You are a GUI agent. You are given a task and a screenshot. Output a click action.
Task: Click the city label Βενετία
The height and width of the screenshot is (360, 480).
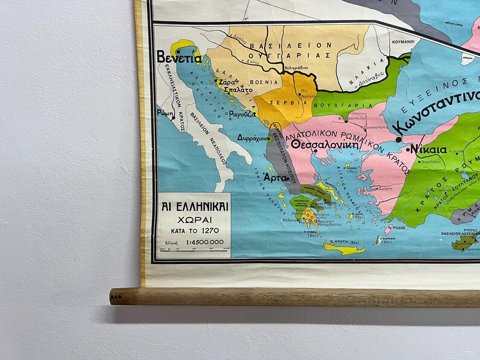179,57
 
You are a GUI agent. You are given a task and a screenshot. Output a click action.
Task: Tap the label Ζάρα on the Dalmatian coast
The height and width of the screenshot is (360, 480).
227,82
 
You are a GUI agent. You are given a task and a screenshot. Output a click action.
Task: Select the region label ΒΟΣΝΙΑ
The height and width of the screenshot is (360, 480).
267,82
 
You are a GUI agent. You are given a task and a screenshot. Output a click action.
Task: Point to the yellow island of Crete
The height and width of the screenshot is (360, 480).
345,248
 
